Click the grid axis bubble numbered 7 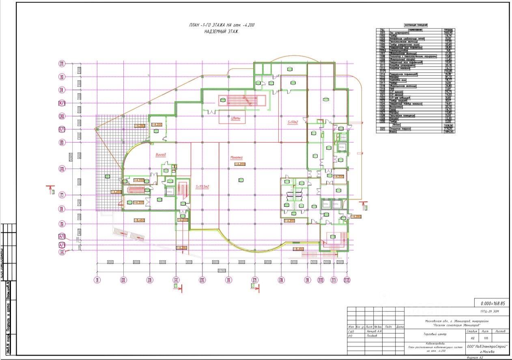(254, 280)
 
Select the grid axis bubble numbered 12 (346, 280)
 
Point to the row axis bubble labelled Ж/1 (62, 103)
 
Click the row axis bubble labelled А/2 (62, 237)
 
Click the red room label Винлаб (161, 155)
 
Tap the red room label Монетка (236, 158)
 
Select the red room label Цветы (236, 118)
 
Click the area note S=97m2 (293, 122)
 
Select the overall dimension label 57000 (222, 270)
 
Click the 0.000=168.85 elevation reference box (493, 303)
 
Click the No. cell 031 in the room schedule (382, 129)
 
